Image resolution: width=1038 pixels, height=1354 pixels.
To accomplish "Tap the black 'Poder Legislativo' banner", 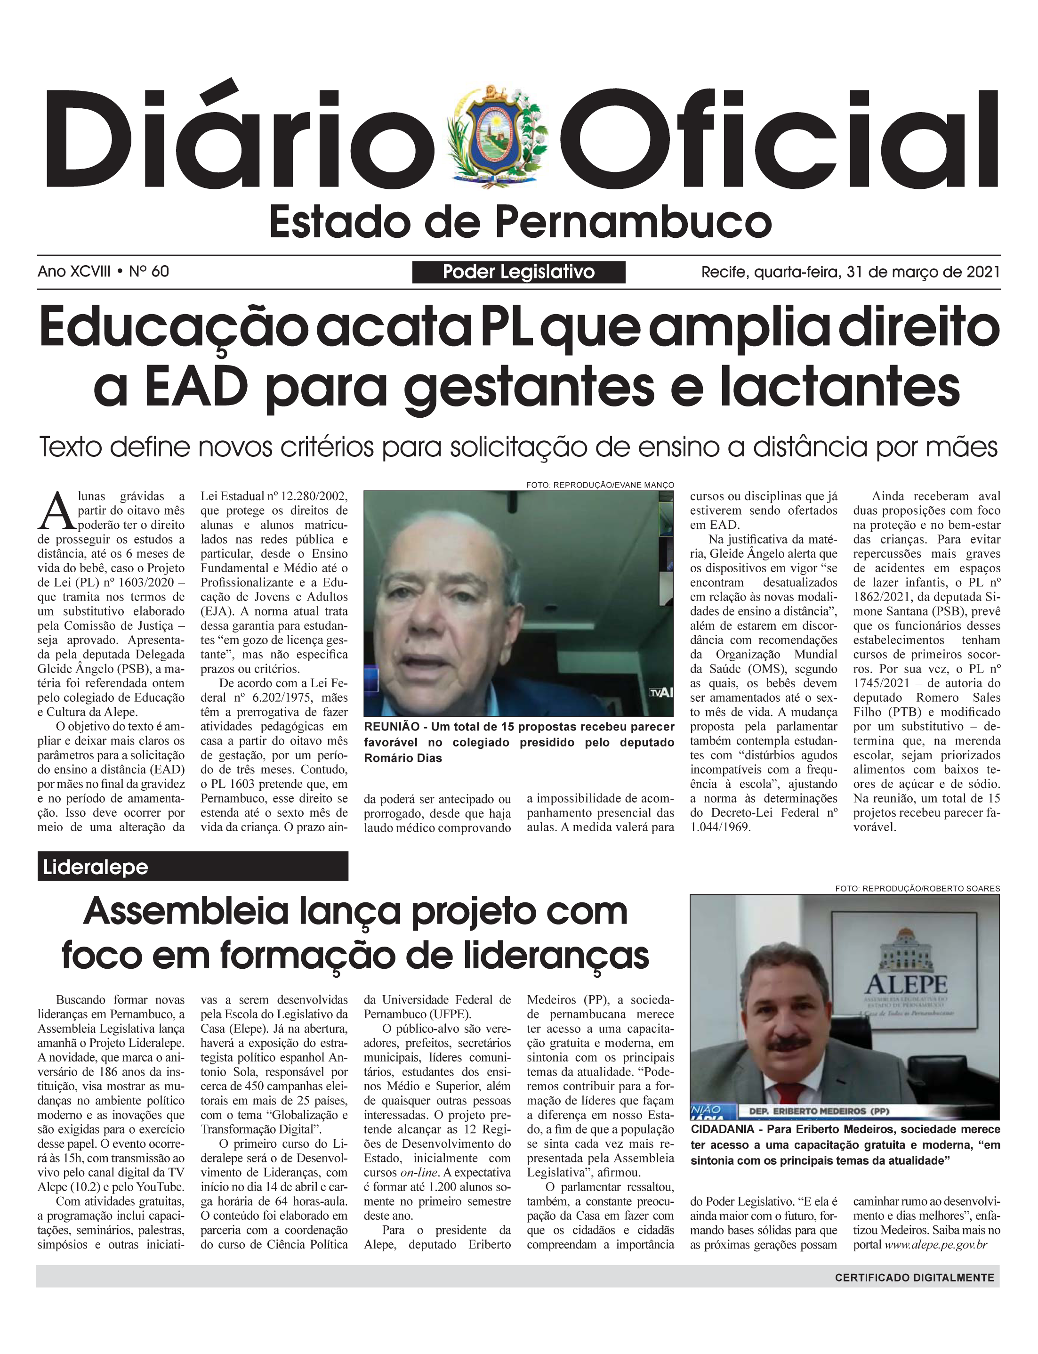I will (x=518, y=272).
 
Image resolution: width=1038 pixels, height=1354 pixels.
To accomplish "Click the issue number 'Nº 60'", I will (x=149, y=271).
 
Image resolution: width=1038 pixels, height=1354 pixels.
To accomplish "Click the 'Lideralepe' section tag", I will (x=96, y=867).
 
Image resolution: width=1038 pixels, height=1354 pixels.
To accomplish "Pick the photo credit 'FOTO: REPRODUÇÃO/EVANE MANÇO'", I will (x=600, y=485).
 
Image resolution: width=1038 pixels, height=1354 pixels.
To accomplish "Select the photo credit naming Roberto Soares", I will (x=917, y=889).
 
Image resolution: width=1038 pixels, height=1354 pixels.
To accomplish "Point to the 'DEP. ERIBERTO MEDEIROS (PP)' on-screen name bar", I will (x=819, y=1111).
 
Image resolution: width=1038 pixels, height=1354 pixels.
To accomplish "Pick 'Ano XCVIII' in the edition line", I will (x=74, y=271).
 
